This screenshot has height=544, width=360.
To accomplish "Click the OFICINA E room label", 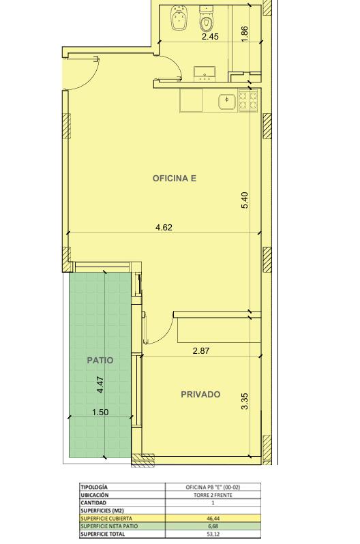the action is click(x=175, y=179).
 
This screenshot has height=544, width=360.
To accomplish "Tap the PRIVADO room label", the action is click(x=200, y=395).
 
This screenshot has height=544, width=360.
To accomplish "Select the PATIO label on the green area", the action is click(x=100, y=360).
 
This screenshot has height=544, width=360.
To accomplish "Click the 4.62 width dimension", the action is click(x=164, y=228).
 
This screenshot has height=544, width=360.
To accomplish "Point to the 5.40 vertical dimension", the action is click(x=245, y=200).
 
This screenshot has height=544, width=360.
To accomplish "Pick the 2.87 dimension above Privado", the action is click(x=201, y=351).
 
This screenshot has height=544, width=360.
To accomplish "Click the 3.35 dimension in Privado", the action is click(x=245, y=401).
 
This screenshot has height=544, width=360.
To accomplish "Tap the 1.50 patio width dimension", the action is click(x=100, y=412).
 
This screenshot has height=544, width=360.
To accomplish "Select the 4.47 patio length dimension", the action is click(x=100, y=384).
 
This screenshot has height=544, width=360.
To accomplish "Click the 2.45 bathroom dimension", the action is click(x=210, y=37).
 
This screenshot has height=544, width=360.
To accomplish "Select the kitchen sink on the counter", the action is click(x=227, y=102).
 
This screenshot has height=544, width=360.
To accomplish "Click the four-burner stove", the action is click(x=248, y=100).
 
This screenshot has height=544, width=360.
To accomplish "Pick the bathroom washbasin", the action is click(x=205, y=74).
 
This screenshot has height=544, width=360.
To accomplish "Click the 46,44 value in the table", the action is click(x=213, y=518).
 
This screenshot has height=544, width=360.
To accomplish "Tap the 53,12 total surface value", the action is click(x=213, y=534).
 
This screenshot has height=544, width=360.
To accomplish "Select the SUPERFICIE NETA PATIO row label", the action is click(x=109, y=526).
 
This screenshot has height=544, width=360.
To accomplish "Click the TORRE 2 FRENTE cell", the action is click(x=213, y=495).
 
